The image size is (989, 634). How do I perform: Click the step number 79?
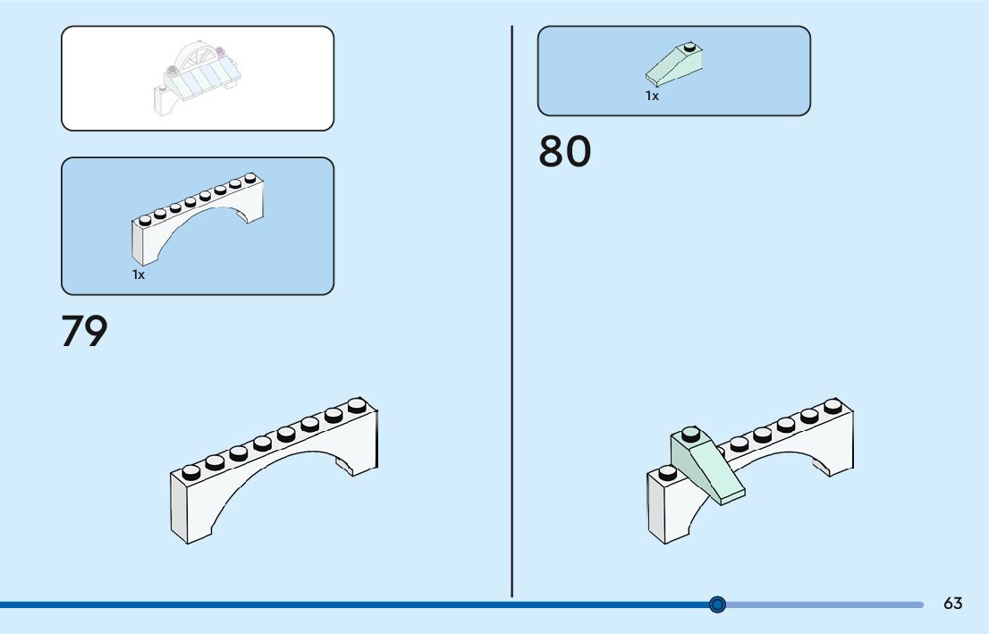click(x=84, y=330)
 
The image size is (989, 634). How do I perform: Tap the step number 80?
click(x=564, y=152)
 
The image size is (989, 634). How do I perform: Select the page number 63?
click(x=952, y=604)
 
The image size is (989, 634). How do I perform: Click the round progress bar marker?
click(x=717, y=604)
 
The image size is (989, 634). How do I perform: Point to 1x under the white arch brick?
click(x=139, y=275)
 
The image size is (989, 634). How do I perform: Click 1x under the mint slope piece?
click(x=652, y=96)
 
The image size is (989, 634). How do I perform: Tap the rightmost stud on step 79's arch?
click(x=357, y=404)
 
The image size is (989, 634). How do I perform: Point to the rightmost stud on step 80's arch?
click(x=833, y=405)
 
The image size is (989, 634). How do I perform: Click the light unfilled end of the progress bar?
click(x=823, y=604)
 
